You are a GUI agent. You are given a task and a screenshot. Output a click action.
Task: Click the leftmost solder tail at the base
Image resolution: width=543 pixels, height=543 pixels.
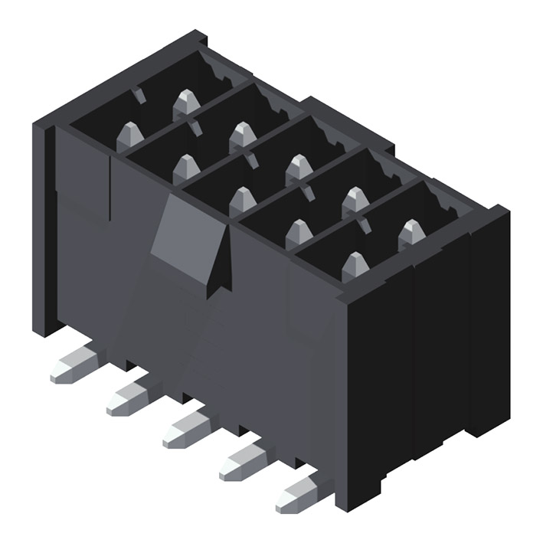73,365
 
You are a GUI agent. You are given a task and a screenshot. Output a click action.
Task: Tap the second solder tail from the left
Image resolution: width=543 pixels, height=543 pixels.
129,397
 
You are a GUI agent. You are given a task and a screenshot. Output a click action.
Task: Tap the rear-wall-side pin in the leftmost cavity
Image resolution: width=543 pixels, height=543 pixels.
185,102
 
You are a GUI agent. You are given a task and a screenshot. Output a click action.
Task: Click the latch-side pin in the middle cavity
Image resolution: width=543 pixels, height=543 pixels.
242,200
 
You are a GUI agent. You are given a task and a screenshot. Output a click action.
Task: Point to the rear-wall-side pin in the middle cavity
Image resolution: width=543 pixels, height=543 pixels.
299,167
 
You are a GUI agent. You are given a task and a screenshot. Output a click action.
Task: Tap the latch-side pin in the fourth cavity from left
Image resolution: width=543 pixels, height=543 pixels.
299,233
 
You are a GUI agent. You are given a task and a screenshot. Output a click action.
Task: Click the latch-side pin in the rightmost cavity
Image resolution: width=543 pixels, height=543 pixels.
355,265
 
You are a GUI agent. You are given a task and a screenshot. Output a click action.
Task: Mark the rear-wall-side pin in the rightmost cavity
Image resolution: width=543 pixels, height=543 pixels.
411,232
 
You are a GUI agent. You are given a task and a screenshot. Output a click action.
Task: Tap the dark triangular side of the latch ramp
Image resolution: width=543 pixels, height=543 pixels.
222,264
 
